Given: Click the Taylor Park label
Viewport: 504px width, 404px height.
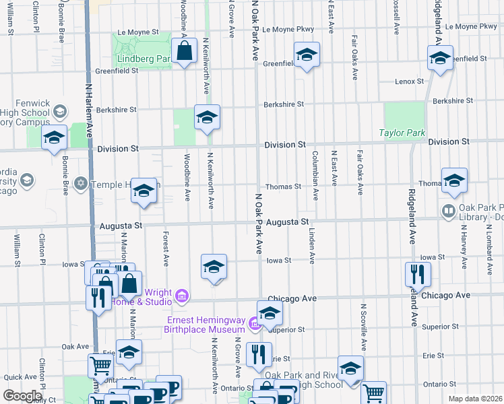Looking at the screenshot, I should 402,133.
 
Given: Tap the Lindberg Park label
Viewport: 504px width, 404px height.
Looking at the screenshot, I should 144,59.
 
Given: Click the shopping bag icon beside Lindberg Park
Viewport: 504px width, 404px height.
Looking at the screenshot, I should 184,52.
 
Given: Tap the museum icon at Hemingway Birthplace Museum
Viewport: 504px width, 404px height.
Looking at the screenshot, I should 253,325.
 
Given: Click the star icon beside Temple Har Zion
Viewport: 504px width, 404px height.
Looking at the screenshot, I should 82,183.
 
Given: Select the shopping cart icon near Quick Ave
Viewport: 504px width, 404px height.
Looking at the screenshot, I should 100,367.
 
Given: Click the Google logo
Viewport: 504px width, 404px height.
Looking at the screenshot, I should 23,395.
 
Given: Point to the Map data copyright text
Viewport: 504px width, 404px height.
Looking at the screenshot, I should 475,399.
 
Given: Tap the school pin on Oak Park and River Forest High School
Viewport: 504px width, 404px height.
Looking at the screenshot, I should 350,368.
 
